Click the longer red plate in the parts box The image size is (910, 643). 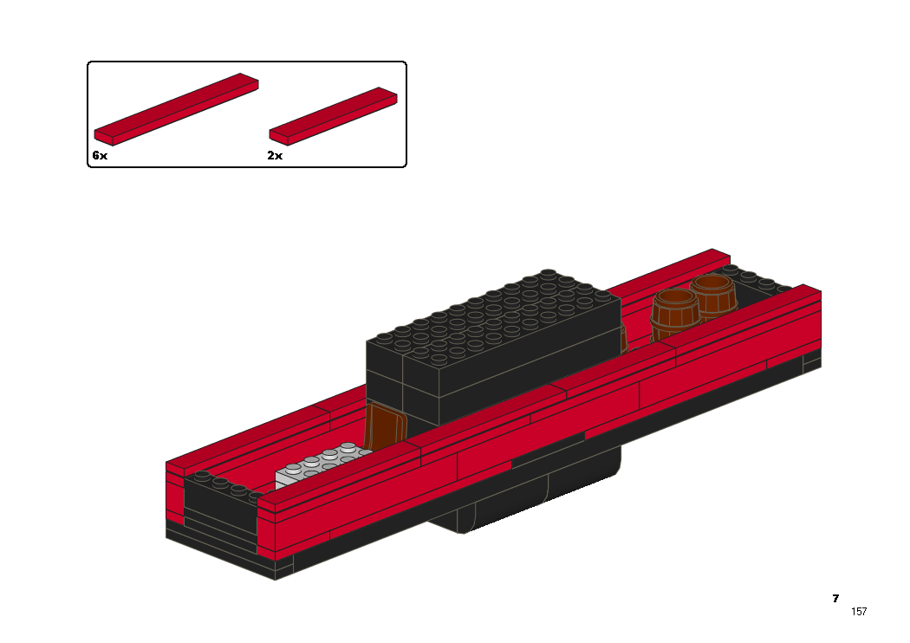(x=177, y=109)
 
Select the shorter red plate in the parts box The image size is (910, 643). (x=333, y=116)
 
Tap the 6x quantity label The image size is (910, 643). (x=100, y=155)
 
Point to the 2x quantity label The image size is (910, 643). (x=275, y=155)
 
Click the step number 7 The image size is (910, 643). (x=835, y=598)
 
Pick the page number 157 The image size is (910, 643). (x=859, y=611)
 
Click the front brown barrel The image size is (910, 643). (x=674, y=315)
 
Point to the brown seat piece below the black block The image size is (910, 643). (x=384, y=425)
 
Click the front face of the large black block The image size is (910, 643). (x=384, y=377)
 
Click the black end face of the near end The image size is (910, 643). (x=220, y=510)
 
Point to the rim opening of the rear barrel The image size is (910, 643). (x=713, y=284)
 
